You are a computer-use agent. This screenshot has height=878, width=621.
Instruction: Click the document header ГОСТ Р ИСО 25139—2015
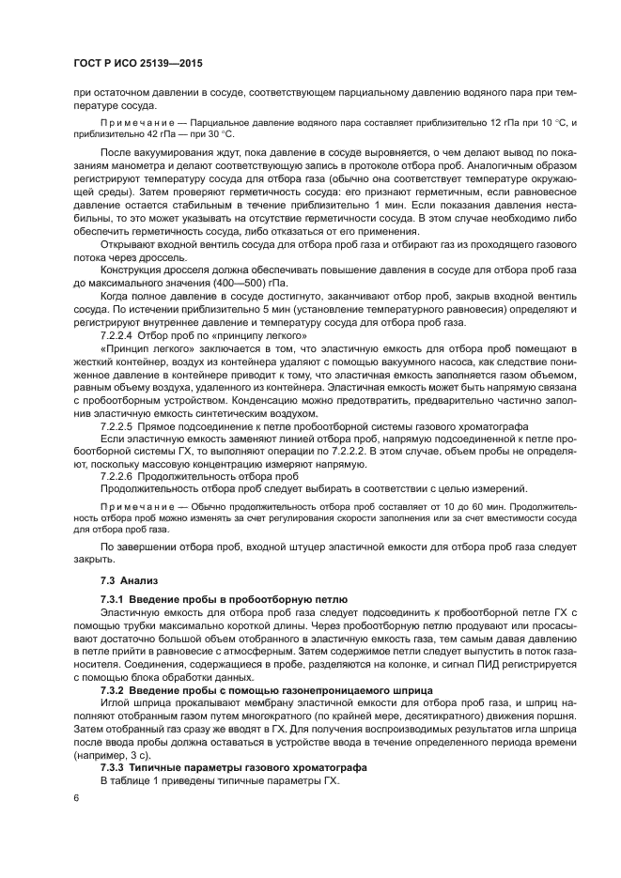[139, 64]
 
